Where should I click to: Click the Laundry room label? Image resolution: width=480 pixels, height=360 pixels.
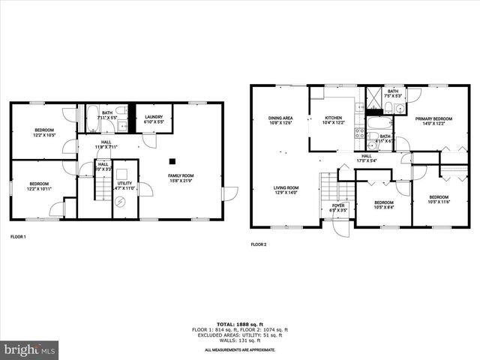pyautogui.click(x=154, y=119)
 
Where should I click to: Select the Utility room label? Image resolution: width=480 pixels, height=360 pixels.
pyautogui.click(x=124, y=185)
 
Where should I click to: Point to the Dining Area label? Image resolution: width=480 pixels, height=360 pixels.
pyautogui.click(x=280, y=120)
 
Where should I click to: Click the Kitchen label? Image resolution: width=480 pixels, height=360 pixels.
pyautogui.click(x=333, y=120)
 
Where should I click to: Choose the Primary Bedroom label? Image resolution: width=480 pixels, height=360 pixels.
pyautogui.click(x=433, y=120)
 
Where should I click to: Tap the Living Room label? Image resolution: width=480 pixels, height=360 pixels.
pyautogui.click(x=285, y=190)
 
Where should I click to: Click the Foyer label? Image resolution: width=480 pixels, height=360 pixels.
pyautogui.click(x=338, y=208)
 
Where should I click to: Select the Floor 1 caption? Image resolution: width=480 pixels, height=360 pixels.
pyautogui.click(x=18, y=237)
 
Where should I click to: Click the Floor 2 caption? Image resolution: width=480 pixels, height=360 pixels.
pyautogui.click(x=259, y=244)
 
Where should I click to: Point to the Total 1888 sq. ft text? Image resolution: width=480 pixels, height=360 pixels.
pyautogui.click(x=240, y=323)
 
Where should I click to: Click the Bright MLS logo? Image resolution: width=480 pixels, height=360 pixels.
pyautogui.click(x=30, y=349)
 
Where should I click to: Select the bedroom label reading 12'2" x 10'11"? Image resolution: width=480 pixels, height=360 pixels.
pyautogui.click(x=39, y=187)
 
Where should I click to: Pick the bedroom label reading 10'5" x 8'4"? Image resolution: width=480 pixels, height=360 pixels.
pyautogui.click(x=384, y=205)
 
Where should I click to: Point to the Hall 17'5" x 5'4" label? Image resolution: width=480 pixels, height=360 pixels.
pyautogui.click(x=367, y=158)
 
